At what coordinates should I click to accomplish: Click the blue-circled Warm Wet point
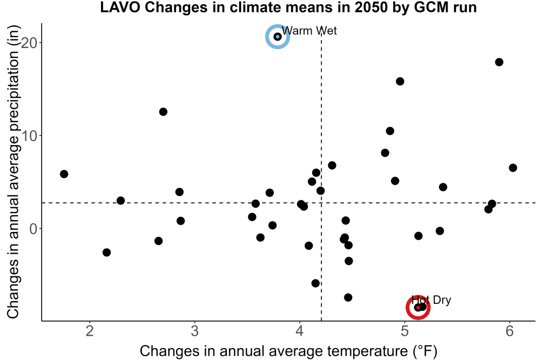(278, 37)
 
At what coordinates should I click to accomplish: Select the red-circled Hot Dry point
(418, 307)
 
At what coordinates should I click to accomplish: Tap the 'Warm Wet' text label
(309, 31)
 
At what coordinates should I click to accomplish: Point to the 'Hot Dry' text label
(431, 300)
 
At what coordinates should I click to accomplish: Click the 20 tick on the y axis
(29, 43)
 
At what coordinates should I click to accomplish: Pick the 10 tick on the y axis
(29, 135)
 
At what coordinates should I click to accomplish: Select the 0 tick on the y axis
(33, 228)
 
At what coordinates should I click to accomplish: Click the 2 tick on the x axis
(90, 331)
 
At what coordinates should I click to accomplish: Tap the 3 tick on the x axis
(195, 331)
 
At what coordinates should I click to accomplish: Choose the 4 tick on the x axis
(300, 331)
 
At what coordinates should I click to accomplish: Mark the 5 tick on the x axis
(404, 331)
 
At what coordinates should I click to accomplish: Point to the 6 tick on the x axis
(510, 331)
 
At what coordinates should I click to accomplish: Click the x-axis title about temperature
(288, 351)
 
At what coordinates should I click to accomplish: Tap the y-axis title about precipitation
(13, 172)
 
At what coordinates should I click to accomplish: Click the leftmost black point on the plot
(64, 174)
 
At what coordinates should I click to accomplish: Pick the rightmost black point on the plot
(513, 168)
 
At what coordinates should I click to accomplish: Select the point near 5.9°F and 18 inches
(499, 62)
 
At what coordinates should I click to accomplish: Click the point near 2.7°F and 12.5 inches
(163, 112)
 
